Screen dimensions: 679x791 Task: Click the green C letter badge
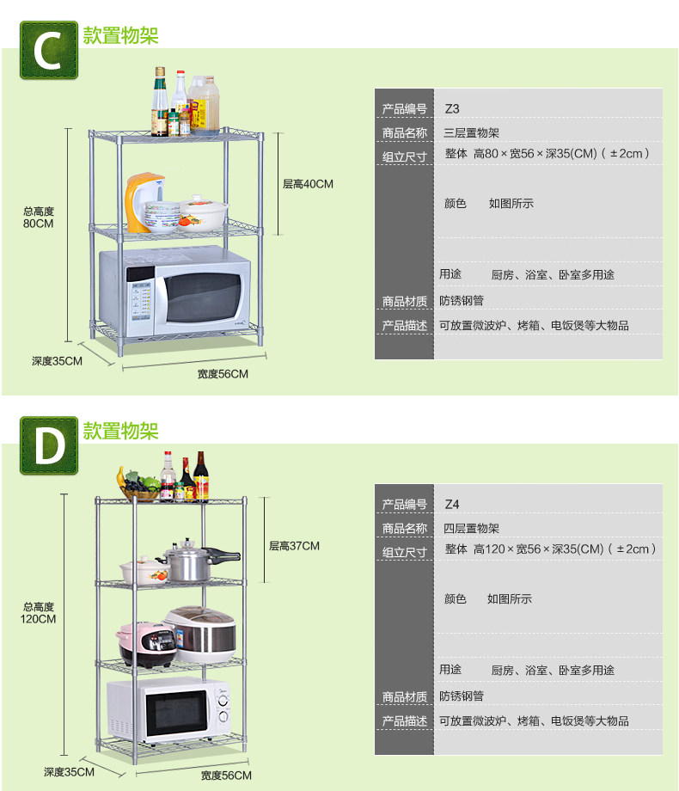(x=49, y=50)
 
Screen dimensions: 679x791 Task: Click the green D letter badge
(x=49, y=445)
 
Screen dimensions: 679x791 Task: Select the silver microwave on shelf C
(x=175, y=291)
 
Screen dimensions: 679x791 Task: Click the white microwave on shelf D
(x=169, y=710)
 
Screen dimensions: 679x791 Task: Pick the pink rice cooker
(x=146, y=644)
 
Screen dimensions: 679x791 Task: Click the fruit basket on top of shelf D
(x=138, y=485)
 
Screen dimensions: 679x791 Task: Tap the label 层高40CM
(x=308, y=184)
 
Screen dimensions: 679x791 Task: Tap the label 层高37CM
(x=294, y=546)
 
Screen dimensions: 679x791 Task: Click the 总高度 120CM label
(x=39, y=613)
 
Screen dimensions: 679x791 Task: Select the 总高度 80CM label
(x=39, y=218)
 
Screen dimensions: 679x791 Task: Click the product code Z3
(x=452, y=109)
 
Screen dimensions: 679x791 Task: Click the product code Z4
(x=452, y=505)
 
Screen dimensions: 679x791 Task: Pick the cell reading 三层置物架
(x=471, y=133)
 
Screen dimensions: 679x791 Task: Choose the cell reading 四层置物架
(x=471, y=529)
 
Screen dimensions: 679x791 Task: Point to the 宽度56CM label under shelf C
(x=223, y=374)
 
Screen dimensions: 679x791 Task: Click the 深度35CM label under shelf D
(x=69, y=772)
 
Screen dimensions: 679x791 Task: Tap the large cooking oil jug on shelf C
(x=204, y=105)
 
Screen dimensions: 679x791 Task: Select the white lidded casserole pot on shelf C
(x=204, y=212)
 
